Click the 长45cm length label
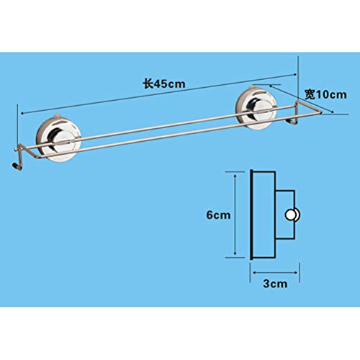164,84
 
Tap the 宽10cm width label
325,94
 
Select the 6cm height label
218,215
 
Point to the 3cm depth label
275,284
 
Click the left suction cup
58,139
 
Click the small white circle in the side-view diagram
291,215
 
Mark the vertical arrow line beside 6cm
235,215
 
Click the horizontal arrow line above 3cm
276,272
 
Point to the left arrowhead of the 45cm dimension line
22,113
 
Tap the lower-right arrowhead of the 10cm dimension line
332,111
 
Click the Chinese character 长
148,84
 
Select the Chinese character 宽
310,94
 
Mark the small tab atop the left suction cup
56,117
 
